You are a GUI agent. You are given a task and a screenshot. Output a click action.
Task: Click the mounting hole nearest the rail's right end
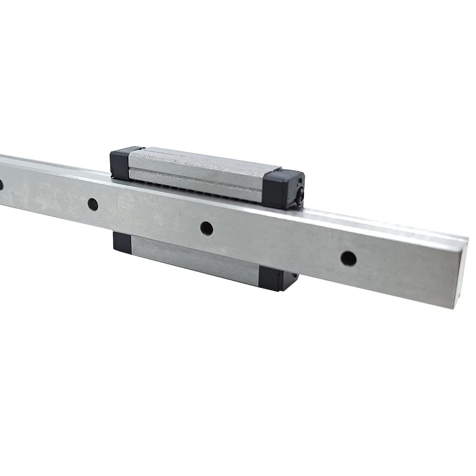pyautogui.click(x=349, y=258)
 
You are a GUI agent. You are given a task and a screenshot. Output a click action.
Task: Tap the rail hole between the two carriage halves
pyautogui.click(x=206, y=228)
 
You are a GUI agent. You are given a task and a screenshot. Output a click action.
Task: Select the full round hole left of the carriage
pyautogui.click(x=93, y=204)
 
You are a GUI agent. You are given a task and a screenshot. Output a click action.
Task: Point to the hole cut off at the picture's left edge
pyautogui.click(x=1, y=185)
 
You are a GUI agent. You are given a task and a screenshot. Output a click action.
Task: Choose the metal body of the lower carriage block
pyautogui.click(x=196, y=259)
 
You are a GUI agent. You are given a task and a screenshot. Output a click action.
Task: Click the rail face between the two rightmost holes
pyautogui.click(x=277, y=243)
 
